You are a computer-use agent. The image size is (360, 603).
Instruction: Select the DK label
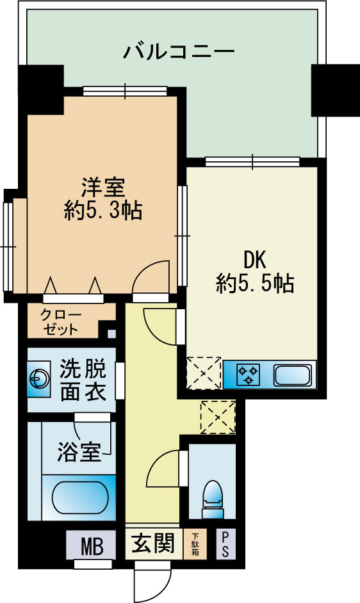click(254, 259)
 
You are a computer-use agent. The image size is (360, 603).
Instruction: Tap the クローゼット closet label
click(60, 322)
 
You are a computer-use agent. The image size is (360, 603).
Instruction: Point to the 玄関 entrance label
click(153, 544)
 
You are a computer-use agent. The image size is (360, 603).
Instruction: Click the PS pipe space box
click(225, 545)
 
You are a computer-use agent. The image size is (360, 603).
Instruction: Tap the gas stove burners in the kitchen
click(247, 374)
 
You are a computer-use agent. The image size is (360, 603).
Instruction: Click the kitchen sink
click(291, 374)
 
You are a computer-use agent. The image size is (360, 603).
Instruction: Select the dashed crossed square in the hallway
click(218, 415)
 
